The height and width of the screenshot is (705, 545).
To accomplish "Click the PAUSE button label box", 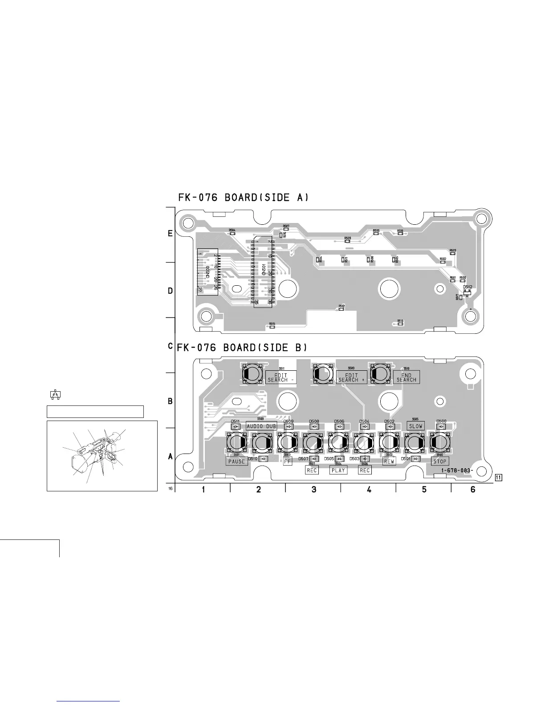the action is pyautogui.click(x=236, y=462).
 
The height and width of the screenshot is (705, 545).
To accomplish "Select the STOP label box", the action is pyautogui.click(x=439, y=462).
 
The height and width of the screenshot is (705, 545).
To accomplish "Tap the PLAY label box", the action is pyautogui.click(x=338, y=470).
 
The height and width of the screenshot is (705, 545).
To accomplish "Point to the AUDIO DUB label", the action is pyautogui.click(x=261, y=426).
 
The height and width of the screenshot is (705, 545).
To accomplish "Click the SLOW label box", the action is pyautogui.click(x=415, y=426).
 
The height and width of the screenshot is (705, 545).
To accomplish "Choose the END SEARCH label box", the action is pyautogui.click(x=406, y=377).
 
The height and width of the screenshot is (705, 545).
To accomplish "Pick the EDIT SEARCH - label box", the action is pyautogui.click(x=281, y=377).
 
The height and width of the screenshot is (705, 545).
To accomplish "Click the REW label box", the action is pyautogui.click(x=389, y=462).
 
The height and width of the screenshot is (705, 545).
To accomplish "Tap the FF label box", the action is pyautogui.click(x=287, y=462).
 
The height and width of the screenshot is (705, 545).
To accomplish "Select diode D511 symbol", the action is pyautogui.click(x=236, y=426).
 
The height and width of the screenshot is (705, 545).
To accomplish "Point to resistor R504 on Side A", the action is pyautogui.click(x=232, y=233).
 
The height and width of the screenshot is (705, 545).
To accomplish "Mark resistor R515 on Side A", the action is pyautogui.click(x=272, y=327).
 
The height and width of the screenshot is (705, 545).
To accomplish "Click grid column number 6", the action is pyautogui.click(x=473, y=490).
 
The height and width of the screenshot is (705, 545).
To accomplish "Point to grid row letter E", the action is pyautogui.click(x=170, y=234).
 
